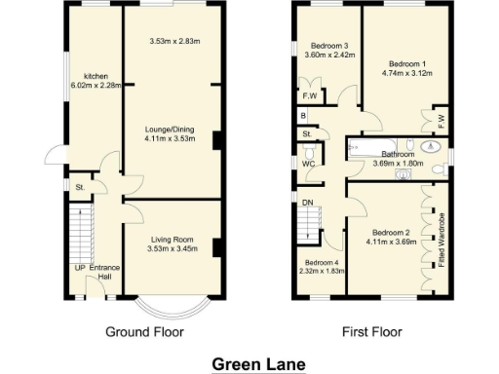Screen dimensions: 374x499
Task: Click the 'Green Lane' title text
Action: [x=259, y=364]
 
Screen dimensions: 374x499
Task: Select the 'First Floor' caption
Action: [x=372, y=331]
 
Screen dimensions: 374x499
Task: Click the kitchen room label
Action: [x=95, y=76]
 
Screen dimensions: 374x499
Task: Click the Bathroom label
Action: [x=400, y=154]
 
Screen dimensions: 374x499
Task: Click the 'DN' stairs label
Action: [x=308, y=202]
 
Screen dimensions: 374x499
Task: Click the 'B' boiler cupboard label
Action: [x=304, y=115]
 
